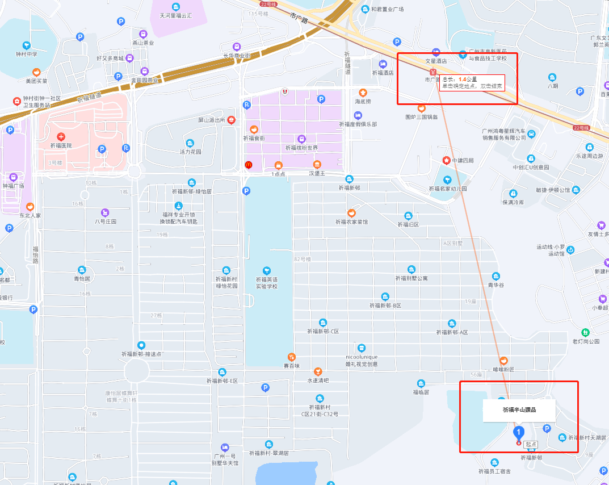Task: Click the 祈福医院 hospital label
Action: pyautogui.click(x=61, y=145)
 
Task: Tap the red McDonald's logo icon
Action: pyautogui.click(x=248, y=165)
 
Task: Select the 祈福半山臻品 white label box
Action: pyautogui.click(x=519, y=409)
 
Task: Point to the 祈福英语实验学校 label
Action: pyautogui.click(x=267, y=282)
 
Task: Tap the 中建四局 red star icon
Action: pyautogui.click(x=447, y=161)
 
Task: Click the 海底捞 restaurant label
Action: pyautogui.click(x=363, y=101)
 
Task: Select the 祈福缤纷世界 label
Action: pyautogui.click(x=301, y=148)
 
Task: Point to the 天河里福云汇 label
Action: pyautogui.click(x=176, y=15)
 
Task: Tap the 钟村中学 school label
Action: pyautogui.click(x=27, y=54)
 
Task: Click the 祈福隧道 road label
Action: pyautogui.click(x=347, y=63)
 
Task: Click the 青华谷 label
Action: pyautogui.click(x=495, y=285)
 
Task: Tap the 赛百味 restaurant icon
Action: pyautogui.click(x=291, y=357)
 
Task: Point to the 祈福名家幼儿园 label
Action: pyautogui.click(x=447, y=188)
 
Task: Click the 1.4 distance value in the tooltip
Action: pyautogui.click(x=463, y=80)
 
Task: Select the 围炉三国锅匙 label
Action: pyautogui.click(x=421, y=117)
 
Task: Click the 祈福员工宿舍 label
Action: pyautogui.click(x=494, y=471)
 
